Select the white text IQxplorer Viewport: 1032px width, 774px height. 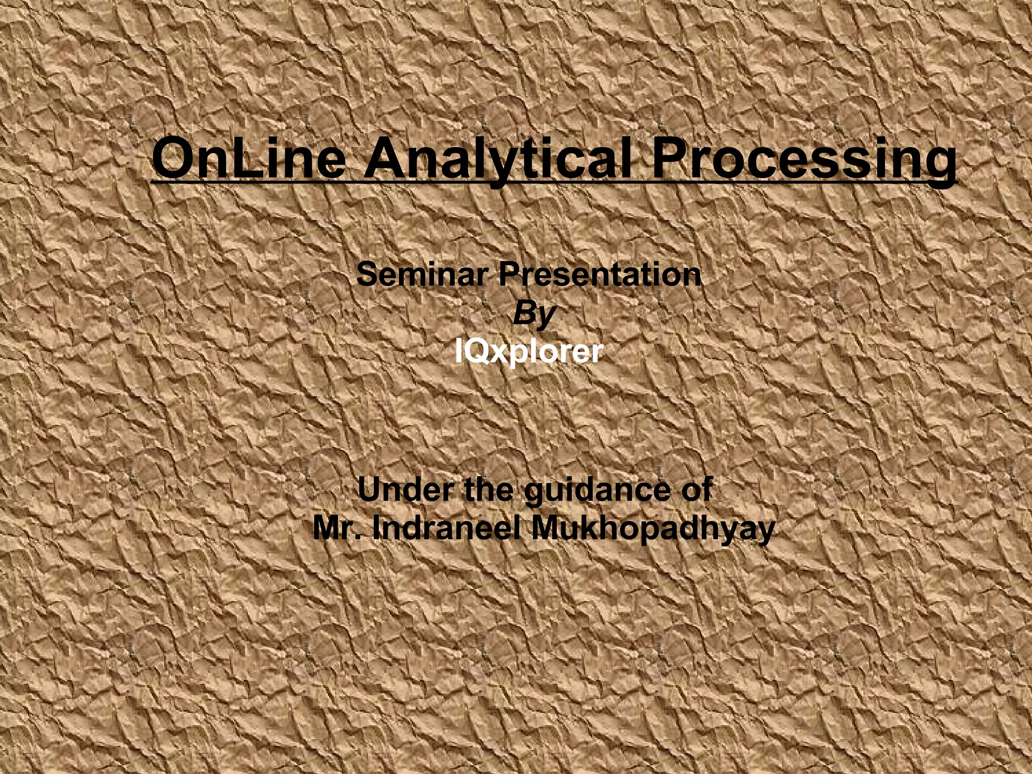coord(529,351)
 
